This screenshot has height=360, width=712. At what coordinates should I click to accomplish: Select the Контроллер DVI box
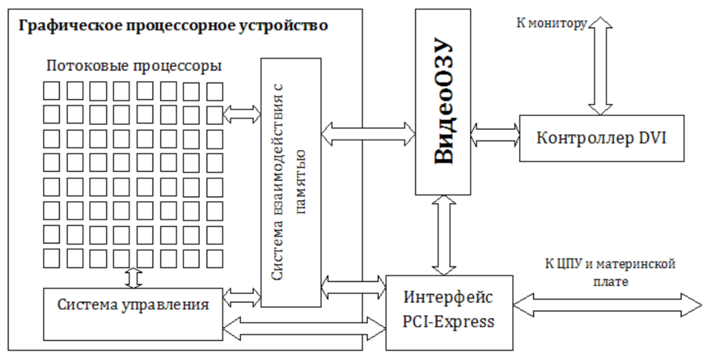click(601, 138)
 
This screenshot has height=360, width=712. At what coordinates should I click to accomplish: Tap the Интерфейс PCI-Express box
click(449, 312)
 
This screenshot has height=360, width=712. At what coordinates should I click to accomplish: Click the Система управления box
click(133, 314)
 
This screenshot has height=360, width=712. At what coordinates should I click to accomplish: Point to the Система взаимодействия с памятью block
click(290, 182)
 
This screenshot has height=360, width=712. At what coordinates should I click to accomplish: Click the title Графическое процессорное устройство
click(173, 25)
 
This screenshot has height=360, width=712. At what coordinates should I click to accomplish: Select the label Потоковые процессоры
click(134, 66)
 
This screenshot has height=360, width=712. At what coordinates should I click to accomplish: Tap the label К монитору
click(551, 23)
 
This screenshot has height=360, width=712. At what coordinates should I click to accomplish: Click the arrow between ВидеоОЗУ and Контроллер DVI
click(495, 134)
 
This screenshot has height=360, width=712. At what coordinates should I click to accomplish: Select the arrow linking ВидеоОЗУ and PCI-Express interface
click(444, 235)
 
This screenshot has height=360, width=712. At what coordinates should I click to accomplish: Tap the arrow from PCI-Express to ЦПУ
click(607, 305)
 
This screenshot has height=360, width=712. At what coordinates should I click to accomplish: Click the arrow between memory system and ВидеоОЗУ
click(368, 134)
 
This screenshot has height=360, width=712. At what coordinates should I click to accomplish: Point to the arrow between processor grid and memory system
click(241, 114)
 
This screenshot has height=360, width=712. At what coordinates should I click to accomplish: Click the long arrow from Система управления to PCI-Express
click(304, 329)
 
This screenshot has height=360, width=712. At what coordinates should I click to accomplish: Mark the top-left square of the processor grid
click(51, 91)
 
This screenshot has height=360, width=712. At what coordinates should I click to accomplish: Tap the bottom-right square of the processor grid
click(215, 259)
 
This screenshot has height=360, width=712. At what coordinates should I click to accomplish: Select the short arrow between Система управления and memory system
click(241, 297)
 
